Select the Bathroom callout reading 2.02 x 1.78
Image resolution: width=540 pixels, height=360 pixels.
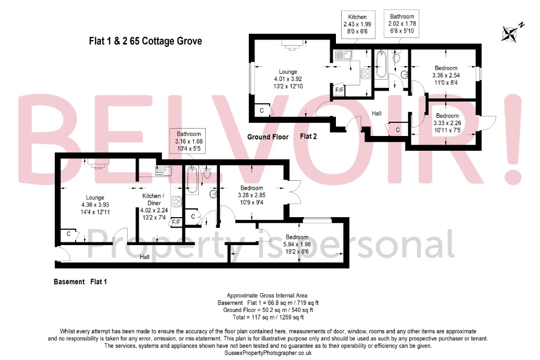[402, 24]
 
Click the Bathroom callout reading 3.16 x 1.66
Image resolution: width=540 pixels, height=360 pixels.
[189, 141]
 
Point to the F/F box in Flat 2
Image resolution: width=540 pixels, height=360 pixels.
[340, 90]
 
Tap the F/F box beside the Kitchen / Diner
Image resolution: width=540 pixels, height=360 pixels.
[176, 222]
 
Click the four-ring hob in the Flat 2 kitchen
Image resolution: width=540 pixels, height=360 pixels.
[364, 74]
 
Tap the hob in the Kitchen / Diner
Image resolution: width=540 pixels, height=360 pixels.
[177, 201]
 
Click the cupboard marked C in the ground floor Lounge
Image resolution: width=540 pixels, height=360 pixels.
[262, 110]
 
